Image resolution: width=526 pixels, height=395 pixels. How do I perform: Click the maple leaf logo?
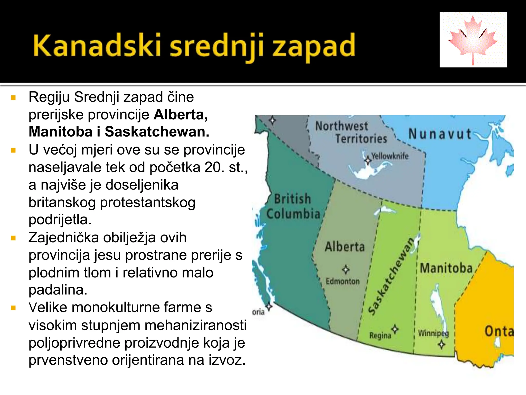pyautogui.click(x=473, y=40)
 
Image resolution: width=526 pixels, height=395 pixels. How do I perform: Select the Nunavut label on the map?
pyautogui.click(x=440, y=134)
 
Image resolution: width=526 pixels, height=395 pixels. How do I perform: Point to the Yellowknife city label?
pyautogui.click(x=390, y=156)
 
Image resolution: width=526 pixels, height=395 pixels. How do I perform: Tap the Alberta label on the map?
pyautogui.click(x=345, y=247)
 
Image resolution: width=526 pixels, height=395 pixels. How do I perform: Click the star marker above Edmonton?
pyautogui.click(x=346, y=270)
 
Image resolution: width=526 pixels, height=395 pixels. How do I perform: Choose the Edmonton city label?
pyautogui.click(x=343, y=281)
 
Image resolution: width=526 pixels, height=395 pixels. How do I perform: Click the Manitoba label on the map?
pyautogui.click(x=446, y=268)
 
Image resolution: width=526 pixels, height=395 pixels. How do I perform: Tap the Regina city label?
pyautogui.click(x=380, y=336)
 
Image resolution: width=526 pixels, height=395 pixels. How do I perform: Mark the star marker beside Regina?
pyautogui.click(x=395, y=329)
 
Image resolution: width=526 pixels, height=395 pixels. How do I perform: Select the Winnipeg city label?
pyautogui.click(x=433, y=333)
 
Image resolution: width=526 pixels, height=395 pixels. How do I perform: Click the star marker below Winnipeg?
pyautogui.click(x=442, y=344)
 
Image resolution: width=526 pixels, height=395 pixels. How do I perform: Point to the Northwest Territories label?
pyautogui.click(x=351, y=132)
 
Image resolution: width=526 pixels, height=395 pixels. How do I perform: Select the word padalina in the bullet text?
pyautogui.click(x=58, y=290)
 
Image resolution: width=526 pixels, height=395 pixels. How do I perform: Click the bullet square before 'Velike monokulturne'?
pyautogui.click(x=14, y=308)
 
